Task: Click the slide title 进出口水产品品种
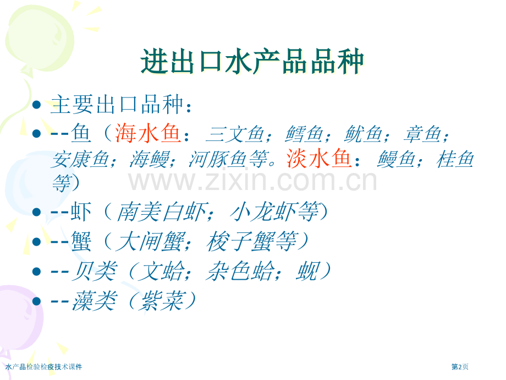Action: pyautogui.click(x=252, y=61)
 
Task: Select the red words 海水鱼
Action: pyautogui.click(x=147, y=133)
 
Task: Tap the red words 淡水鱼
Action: pyautogui.click(x=318, y=159)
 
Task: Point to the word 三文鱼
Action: pyautogui.click(x=235, y=134)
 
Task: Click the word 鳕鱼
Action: pyautogui.click(x=304, y=134)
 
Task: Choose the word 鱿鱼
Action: pyautogui.click(x=363, y=134)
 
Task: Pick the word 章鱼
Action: pyautogui.click(x=422, y=134)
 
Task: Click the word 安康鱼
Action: pyautogui.click(x=80, y=159)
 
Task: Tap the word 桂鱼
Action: pyautogui.click(x=454, y=159)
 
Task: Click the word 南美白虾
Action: pyautogui.click(x=161, y=211)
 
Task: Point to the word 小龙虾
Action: pyautogui.click(x=263, y=211)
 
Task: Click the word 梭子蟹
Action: pyautogui.click(x=240, y=241)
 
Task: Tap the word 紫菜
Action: pyautogui.click(x=161, y=301)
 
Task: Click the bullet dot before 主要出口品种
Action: pyautogui.click(x=37, y=105)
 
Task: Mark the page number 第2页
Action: pyautogui.click(x=460, y=367)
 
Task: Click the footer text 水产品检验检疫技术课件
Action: pyautogui.click(x=44, y=367)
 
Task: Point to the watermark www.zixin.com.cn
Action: pyautogui.click(x=252, y=181)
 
